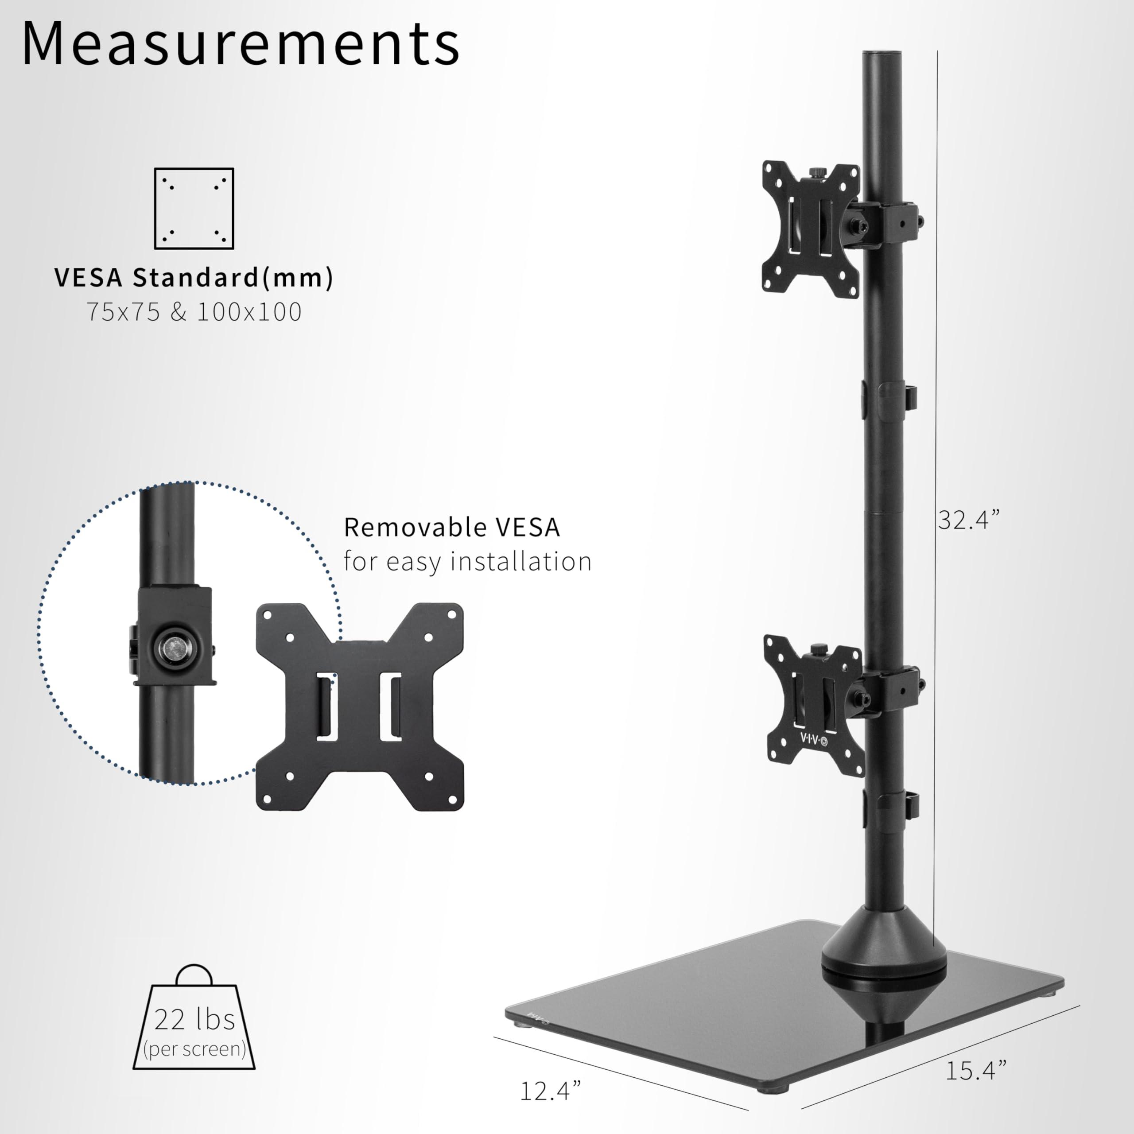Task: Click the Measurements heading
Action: (241, 44)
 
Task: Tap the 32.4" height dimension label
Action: (968, 520)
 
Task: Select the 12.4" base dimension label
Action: (550, 1091)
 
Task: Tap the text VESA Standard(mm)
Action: (194, 278)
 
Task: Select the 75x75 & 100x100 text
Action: (194, 312)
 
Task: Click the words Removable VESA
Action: (451, 527)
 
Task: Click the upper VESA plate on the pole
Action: (811, 229)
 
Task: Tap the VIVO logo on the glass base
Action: (536, 1018)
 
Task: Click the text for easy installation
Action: (467, 562)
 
